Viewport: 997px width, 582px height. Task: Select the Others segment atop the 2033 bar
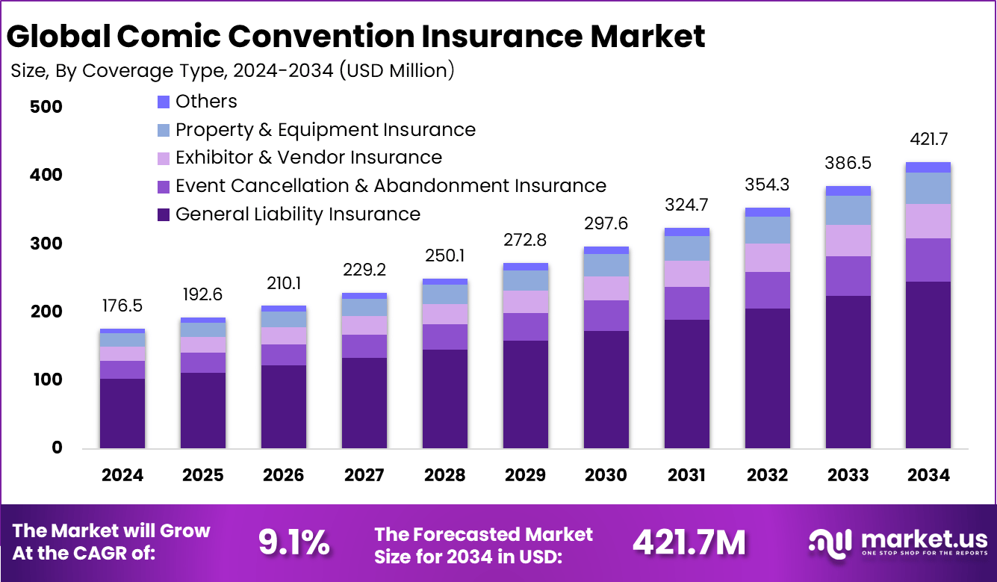tap(848, 191)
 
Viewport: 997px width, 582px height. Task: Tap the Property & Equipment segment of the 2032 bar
tap(767, 230)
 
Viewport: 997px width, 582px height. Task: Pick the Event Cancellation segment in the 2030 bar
tap(606, 315)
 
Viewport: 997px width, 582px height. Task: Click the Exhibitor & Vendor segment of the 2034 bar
tap(928, 221)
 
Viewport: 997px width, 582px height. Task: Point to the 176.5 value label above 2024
tap(122, 307)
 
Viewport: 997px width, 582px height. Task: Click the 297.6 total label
tap(606, 225)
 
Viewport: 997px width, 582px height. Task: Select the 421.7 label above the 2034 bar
tap(928, 140)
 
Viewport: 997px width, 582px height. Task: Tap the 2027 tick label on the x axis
tap(364, 475)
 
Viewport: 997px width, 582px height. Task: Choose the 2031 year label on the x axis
tap(686, 475)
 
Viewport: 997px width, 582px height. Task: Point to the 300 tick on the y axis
tap(46, 244)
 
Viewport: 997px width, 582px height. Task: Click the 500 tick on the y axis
tap(46, 107)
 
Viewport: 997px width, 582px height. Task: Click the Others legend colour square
tap(164, 102)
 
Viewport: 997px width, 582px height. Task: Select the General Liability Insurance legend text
tap(297, 214)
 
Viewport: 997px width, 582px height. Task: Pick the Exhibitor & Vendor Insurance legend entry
tap(308, 158)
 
